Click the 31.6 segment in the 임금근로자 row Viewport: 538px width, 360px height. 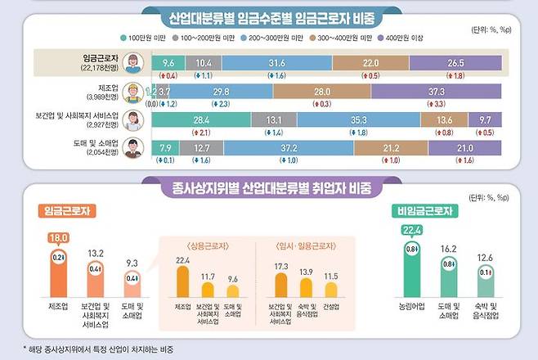pos(276,62)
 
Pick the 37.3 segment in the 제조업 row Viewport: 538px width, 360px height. pos(436,92)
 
